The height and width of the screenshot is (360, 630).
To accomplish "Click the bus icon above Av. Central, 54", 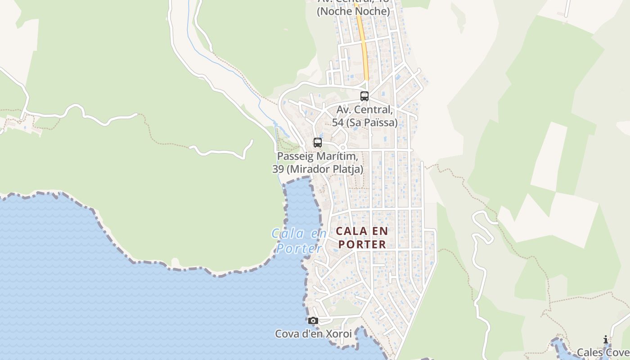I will tap(364, 96).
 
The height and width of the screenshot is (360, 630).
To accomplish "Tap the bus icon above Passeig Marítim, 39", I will tap(318, 143).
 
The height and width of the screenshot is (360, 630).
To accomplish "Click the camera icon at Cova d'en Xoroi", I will tap(313, 321).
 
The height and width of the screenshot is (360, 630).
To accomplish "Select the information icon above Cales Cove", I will tap(606, 340).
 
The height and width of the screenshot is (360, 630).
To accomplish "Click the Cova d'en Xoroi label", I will tap(313, 334).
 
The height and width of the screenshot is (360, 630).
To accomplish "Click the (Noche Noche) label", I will tap(353, 11).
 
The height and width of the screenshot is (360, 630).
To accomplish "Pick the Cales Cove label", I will tap(603, 352).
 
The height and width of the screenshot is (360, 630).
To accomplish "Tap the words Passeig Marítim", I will tap(318, 157).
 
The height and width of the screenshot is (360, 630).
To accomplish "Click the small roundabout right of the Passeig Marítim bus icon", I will tap(342, 147).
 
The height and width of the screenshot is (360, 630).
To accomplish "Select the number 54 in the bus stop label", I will tap(338, 122).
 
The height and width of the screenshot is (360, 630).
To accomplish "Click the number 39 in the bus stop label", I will tap(278, 169).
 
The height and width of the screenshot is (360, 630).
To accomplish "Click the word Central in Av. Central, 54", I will tap(373, 110).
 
